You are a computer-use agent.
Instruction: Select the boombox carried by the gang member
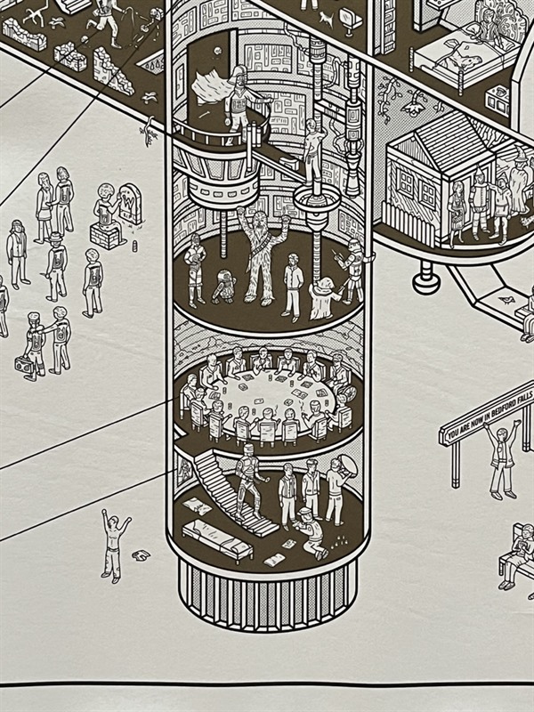point(22,365)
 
